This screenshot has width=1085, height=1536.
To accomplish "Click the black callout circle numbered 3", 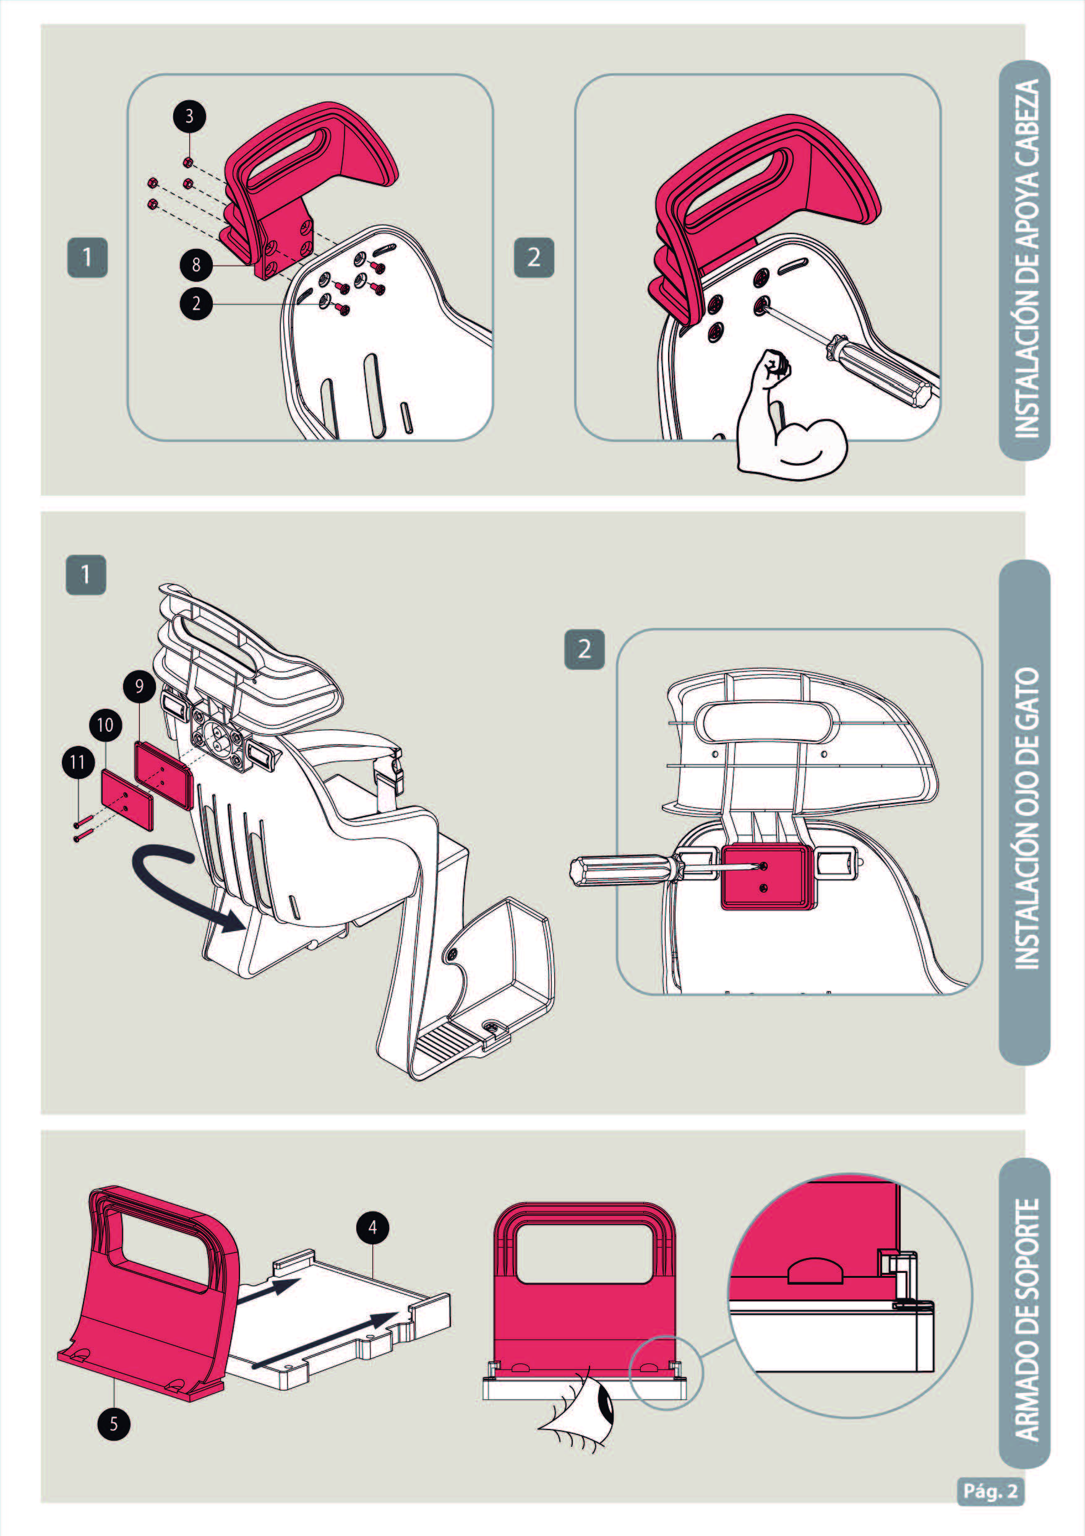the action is (x=189, y=116).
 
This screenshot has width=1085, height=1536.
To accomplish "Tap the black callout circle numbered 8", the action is (x=196, y=265).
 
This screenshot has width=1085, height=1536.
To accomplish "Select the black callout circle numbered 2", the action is (x=196, y=305).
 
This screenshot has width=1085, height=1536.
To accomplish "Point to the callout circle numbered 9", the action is (x=139, y=687).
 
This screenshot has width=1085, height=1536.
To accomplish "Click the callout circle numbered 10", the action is (x=105, y=725).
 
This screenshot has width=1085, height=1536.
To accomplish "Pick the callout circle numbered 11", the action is (x=78, y=763).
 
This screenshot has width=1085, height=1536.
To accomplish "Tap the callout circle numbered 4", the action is (x=372, y=1228).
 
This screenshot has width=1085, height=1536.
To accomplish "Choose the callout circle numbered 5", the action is (x=114, y=1423).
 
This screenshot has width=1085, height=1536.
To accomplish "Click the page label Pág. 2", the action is (x=990, y=1491).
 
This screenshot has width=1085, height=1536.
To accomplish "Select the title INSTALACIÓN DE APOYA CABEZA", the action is (x=1026, y=259).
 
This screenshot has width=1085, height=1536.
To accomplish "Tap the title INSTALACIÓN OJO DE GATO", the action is (x=1026, y=818).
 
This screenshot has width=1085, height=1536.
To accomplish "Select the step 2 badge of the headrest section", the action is (x=533, y=258).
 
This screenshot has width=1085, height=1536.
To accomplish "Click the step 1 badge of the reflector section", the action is (x=85, y=575).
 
